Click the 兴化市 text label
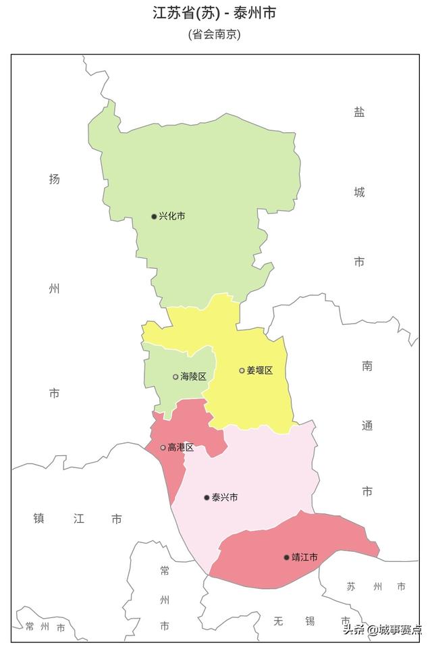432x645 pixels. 172,216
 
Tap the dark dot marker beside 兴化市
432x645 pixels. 154,217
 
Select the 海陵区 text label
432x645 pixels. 193,377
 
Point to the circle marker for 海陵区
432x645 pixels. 175,377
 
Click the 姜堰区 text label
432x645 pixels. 260,370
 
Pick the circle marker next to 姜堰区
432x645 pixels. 242,370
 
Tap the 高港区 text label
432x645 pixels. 181,447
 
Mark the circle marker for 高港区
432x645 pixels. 163,447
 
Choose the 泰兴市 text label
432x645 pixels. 225,497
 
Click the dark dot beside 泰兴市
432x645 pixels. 207,498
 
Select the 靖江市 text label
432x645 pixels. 304,557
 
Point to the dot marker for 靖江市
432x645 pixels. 286,557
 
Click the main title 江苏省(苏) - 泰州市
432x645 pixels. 215,13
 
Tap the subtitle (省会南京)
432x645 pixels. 215,34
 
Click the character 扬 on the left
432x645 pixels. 55,179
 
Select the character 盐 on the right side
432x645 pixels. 359,112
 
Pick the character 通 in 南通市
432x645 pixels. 367,426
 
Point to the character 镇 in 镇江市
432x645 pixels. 39,519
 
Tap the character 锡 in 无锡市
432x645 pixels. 310,621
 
